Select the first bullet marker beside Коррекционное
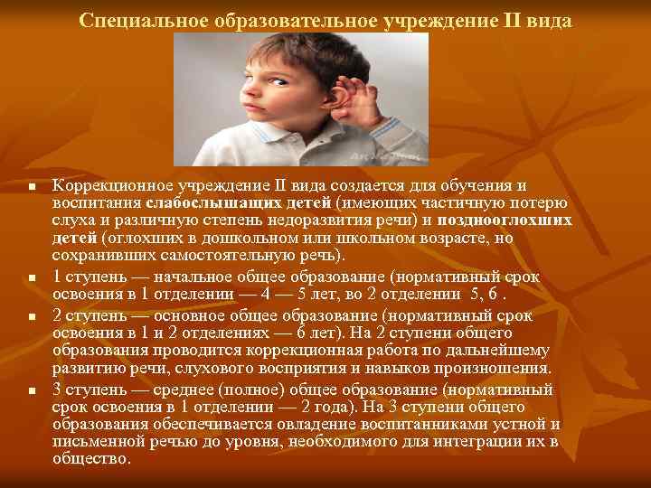pyautogui.click(x=31, y=187)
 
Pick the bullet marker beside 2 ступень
pyautogui.click(x=31, y=317)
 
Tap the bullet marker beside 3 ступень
pyautogui.click(x=31, y=389)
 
